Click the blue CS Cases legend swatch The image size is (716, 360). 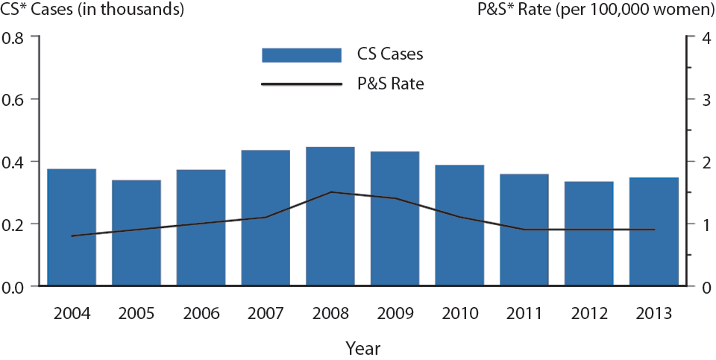click(301, 55)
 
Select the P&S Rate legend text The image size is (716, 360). click(390, 83)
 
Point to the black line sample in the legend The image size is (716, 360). click(301, 83)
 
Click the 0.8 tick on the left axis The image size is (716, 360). click(20, 37)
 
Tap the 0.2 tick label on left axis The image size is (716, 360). click(20, 224)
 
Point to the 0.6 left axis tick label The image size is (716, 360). click(20, 100)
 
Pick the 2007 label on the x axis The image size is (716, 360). click(266, 314)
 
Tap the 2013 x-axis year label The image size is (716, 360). click(654, 314)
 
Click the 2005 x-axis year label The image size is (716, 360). click(136, 314)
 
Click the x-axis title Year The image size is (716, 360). click(363, 347)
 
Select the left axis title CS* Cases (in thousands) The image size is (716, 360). click(92, 10)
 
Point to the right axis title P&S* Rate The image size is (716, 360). click(594, 10)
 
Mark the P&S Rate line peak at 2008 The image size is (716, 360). click(330, 192)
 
